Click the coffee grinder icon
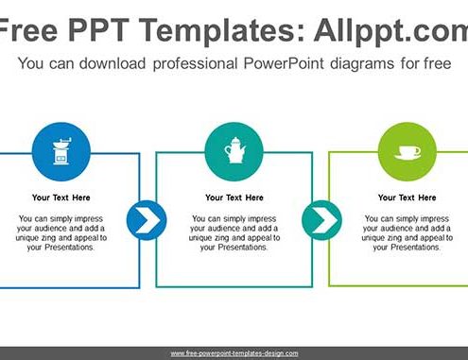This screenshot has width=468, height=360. (61, 151)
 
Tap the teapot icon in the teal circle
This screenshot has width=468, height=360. (234, 150)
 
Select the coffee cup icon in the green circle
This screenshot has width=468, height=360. (407, 153)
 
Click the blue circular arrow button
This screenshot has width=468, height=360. (147, 220)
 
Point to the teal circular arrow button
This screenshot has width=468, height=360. (321, 220)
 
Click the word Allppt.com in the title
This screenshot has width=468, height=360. (390, 31)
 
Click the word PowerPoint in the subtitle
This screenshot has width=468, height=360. (284, 63)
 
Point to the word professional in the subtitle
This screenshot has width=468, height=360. (195, 64)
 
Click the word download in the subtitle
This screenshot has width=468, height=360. (113, 63)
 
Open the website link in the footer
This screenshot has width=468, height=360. (234, 353)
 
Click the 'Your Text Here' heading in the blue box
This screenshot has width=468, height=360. (61, 197)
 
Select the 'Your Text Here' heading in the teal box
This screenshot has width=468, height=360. (234, 197)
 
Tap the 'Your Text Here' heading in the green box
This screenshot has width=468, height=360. (407, 197)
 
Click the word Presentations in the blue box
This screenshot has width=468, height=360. (69, 248)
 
